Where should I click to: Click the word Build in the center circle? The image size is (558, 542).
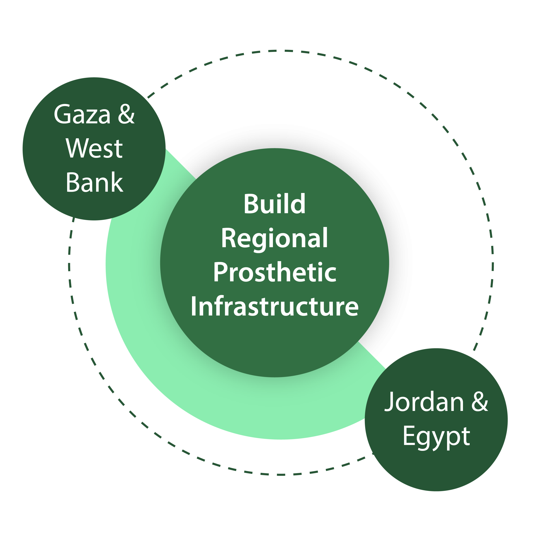(x=274, y=204)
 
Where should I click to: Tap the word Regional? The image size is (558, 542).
(x=274, y=239)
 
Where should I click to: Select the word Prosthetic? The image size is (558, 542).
(x=274, y=273)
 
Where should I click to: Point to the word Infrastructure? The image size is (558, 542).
(x=274, y=307)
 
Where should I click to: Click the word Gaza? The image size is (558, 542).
(x=82, y=115)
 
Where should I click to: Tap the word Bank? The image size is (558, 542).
(x=94, y=182)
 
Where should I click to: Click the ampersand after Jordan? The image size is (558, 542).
(x=480, y=402)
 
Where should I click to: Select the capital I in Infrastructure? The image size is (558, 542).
(x=193, y=306)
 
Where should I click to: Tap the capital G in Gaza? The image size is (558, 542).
(x=62, y=115)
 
